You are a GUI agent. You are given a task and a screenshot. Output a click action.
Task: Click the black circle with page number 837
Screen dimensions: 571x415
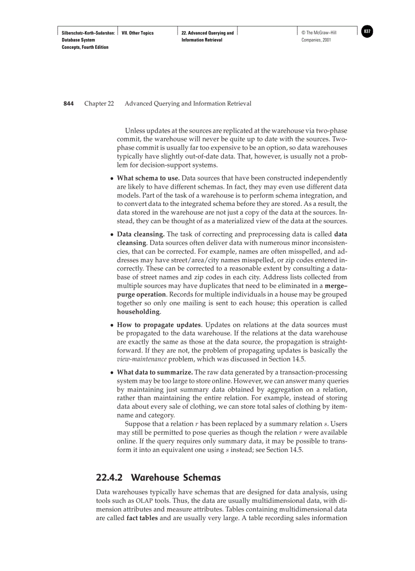click(x=367, y=32)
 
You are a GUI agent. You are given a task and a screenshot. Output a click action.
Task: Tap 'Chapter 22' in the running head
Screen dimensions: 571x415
click(x=99, y=104)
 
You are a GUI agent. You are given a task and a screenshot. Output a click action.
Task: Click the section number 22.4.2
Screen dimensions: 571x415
click(x=110, y=478)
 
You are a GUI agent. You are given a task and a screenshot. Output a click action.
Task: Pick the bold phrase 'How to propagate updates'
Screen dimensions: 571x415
click(x=159, y=324)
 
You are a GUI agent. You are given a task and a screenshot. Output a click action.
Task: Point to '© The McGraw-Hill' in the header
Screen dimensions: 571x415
click(x=319, y=33)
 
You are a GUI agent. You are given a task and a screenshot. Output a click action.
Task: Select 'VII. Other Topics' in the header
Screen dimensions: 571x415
click(x=138, y=33)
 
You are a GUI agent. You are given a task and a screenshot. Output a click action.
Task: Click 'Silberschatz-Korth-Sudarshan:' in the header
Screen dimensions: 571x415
click(x=84, y=33)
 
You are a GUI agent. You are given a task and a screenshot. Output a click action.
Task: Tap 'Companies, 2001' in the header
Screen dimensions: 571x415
click(x=316, y=40)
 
